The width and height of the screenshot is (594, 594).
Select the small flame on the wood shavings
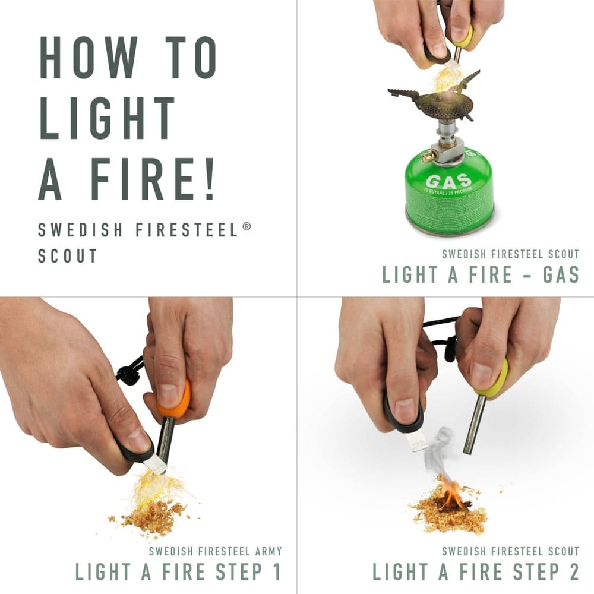tap(452, 493)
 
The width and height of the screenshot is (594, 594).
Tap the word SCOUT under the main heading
tap(67, 255)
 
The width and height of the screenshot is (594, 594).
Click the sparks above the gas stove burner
tap(448, 77)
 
